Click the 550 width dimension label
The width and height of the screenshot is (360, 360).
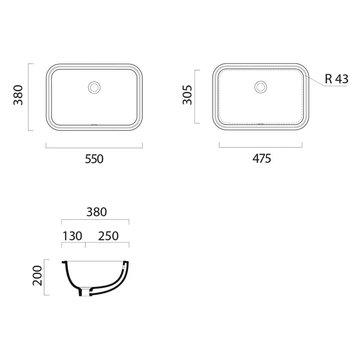pos(94,159)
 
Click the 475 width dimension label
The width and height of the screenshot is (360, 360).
pos(262,158)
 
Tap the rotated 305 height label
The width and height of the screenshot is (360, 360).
pos(187,95)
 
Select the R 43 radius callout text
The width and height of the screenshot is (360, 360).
pos(337,79)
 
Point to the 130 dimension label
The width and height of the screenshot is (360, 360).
pos(72,236)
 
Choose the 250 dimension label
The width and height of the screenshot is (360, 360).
pos(108,236)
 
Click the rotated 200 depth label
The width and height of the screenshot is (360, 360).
pos(37,275)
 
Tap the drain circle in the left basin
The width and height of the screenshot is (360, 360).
pos(94,87)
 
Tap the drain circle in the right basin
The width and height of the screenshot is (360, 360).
pos(261,87)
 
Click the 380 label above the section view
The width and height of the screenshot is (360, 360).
pos(96,212)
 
